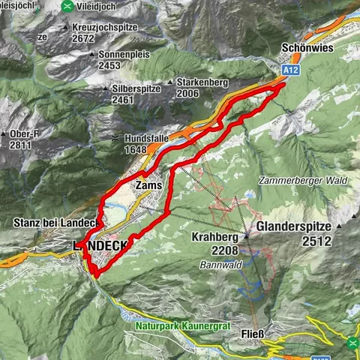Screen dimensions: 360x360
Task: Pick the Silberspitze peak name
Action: coord(132,88)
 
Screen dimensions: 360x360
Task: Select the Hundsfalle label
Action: coord(147,139)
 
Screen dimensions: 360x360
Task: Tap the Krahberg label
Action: coord(215,236)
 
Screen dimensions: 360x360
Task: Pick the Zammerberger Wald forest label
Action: coord(289,181)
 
